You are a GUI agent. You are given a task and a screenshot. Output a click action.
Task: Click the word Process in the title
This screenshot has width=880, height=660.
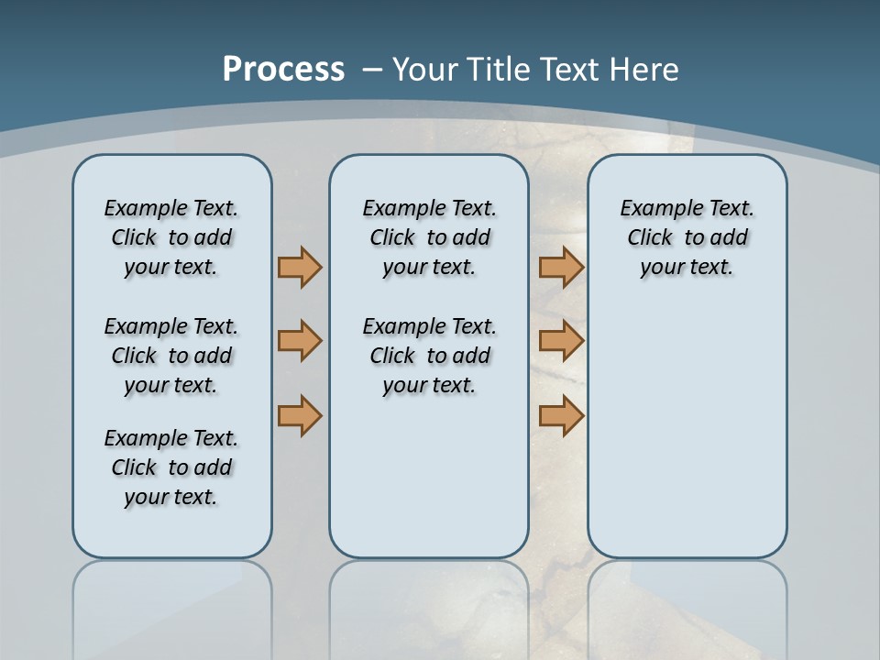[283, 70]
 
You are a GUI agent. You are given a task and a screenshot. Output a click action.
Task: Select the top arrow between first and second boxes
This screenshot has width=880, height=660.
[300, 267]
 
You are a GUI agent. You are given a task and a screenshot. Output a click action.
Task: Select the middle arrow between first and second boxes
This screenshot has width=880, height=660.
[300, 341]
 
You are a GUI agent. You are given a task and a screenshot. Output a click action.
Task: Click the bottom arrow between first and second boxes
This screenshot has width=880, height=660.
[300, 415]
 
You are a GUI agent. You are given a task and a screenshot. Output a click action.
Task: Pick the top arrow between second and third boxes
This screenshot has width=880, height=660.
[561, 267]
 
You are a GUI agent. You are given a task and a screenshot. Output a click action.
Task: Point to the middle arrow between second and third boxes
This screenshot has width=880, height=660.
[561, 341]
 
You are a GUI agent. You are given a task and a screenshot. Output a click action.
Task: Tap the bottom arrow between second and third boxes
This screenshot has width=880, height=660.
[561, 415]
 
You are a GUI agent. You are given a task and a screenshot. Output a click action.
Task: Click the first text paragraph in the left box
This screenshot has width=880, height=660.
[171, 237]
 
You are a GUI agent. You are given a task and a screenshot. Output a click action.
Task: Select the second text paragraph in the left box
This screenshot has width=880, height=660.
[171, 356]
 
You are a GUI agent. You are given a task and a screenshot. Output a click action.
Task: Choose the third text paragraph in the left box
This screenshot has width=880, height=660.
[171, 467]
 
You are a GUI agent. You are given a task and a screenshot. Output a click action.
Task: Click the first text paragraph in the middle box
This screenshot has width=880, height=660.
[429, 237]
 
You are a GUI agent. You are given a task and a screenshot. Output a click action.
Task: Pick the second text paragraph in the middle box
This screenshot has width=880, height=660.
[429, 356]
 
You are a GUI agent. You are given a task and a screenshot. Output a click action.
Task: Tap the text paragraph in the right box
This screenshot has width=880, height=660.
[687, 237]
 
